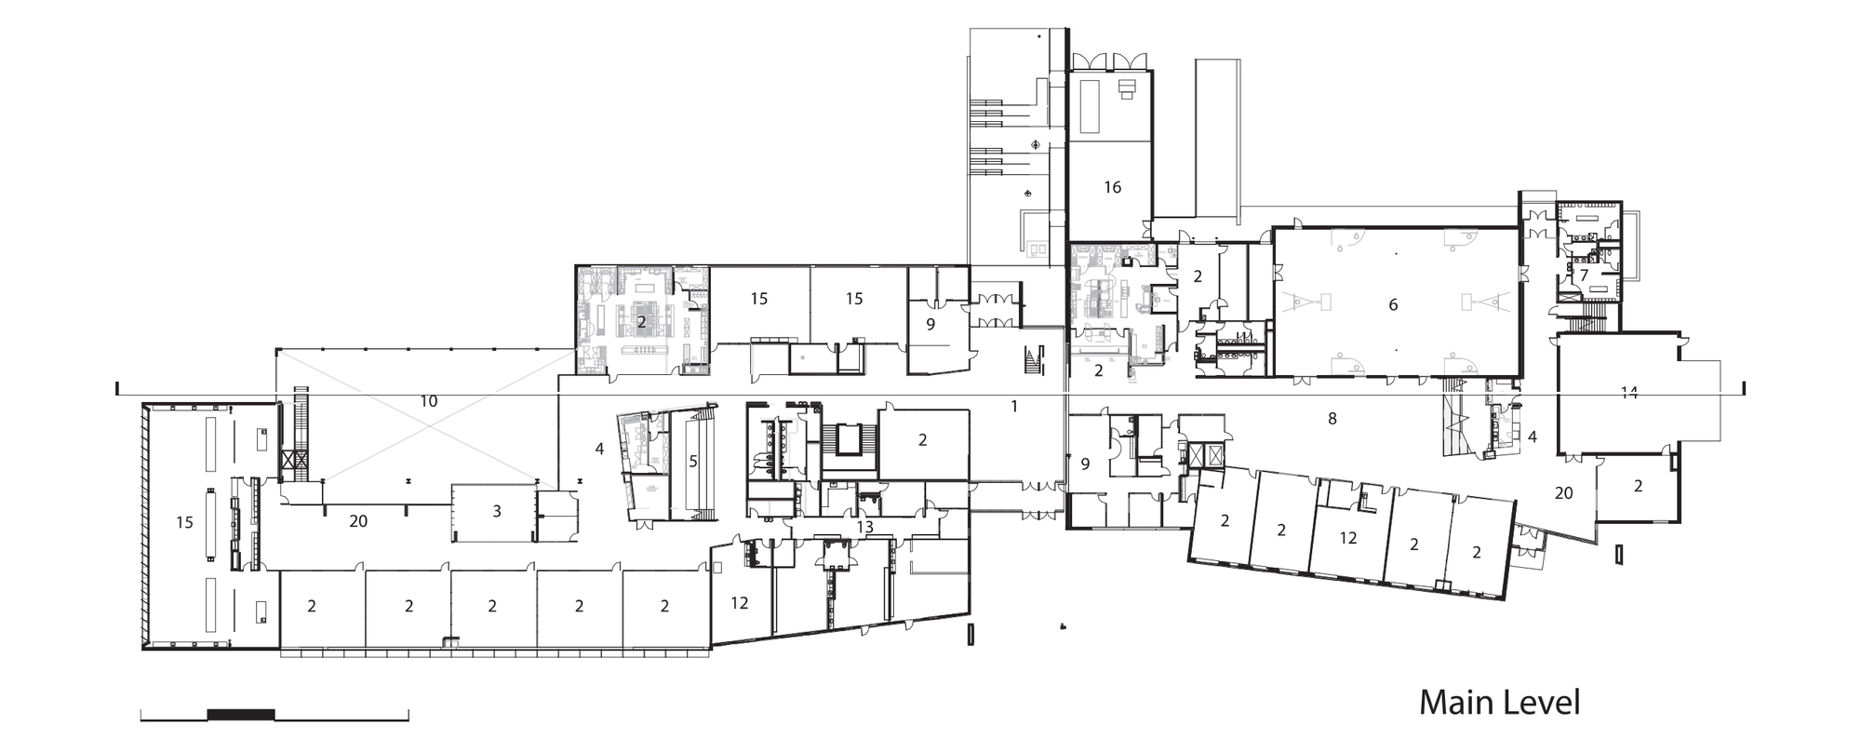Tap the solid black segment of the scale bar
pos(240,714)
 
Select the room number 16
pos(1112,187)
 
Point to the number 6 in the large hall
pos(1393,304)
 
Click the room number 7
pos(1584,276)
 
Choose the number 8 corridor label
pos(1332,419)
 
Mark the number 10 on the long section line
pos(428,402)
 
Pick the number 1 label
pos(1014,406)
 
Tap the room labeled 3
pos(497,510)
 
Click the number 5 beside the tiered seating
pos(692,460)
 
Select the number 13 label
pos(864,527)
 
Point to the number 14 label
pos(1627,393)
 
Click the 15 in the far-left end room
pos(184,522)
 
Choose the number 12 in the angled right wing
pos(1347,538)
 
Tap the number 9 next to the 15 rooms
pos(930,325)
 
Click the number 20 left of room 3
pos(358,521)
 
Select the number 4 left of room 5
pos(599,449)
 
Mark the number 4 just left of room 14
pos(1532,437)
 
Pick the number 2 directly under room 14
pos(1638,486)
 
